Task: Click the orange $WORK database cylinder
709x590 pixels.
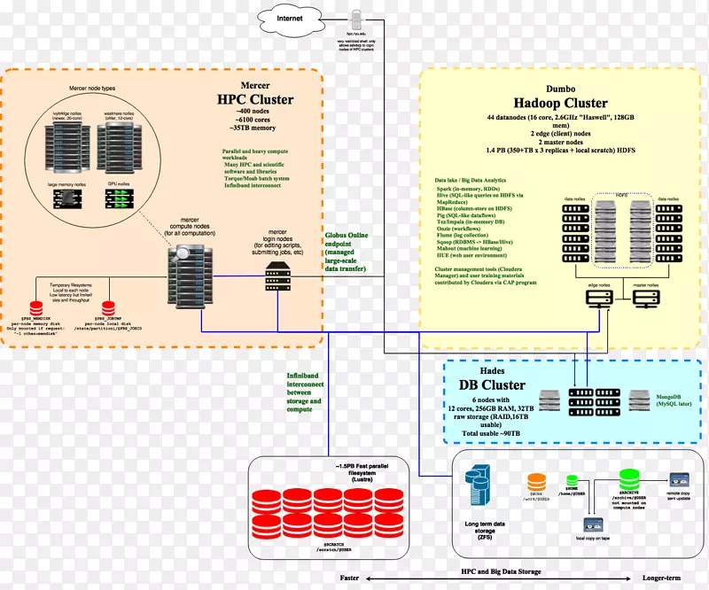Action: (537, 483)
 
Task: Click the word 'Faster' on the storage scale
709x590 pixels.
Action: (349, 578)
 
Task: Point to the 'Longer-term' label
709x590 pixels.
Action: (662, 578)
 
